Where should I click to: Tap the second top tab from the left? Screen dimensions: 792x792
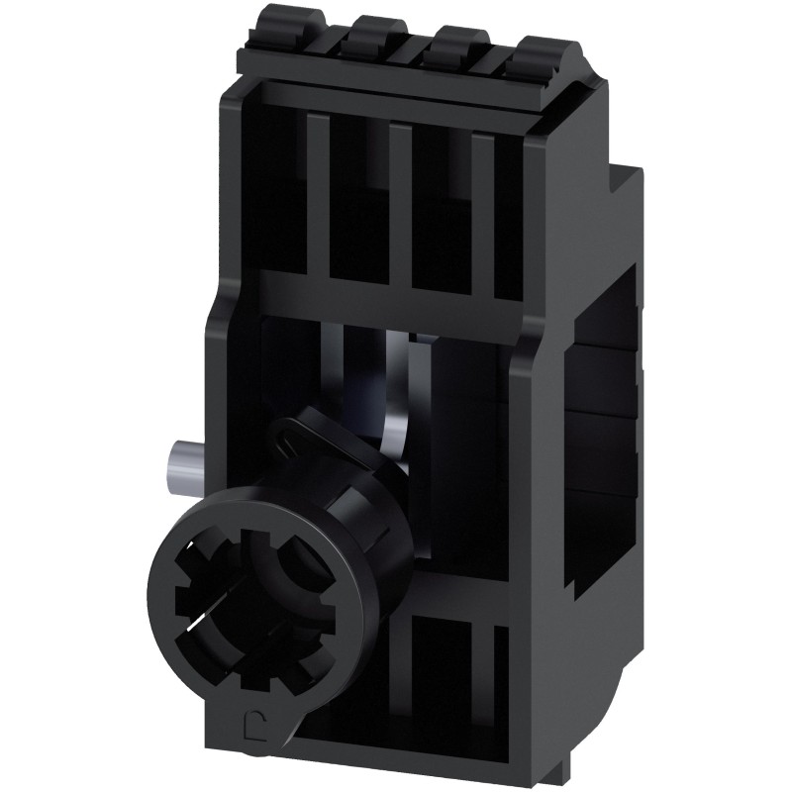coord(375,36)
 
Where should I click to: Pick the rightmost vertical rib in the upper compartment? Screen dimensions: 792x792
coord(482,218)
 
